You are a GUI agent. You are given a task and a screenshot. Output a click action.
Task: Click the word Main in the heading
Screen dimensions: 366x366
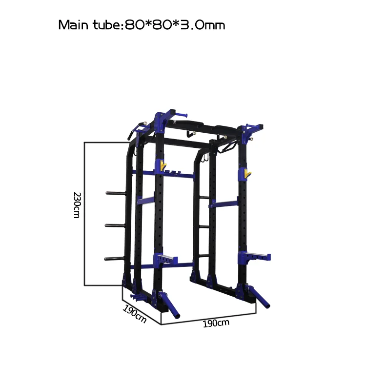coord(73,25)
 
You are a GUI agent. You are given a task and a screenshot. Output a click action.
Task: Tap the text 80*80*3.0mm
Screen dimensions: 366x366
coord(175,25)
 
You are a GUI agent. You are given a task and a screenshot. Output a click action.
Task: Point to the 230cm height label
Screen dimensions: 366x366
coord(77,205)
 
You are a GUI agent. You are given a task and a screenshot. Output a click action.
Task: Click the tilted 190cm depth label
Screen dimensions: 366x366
coord(135,314)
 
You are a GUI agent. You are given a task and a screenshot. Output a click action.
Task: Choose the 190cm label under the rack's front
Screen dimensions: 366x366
coord(216,324)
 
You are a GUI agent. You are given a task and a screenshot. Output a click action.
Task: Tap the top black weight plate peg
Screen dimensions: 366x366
coord(116,193)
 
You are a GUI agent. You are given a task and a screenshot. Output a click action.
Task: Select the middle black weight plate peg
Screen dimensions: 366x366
coord(115,225)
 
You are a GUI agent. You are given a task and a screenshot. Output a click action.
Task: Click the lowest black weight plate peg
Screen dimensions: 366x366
coord(114,259)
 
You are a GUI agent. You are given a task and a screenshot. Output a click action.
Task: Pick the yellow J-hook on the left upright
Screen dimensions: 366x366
coord(163,165)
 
